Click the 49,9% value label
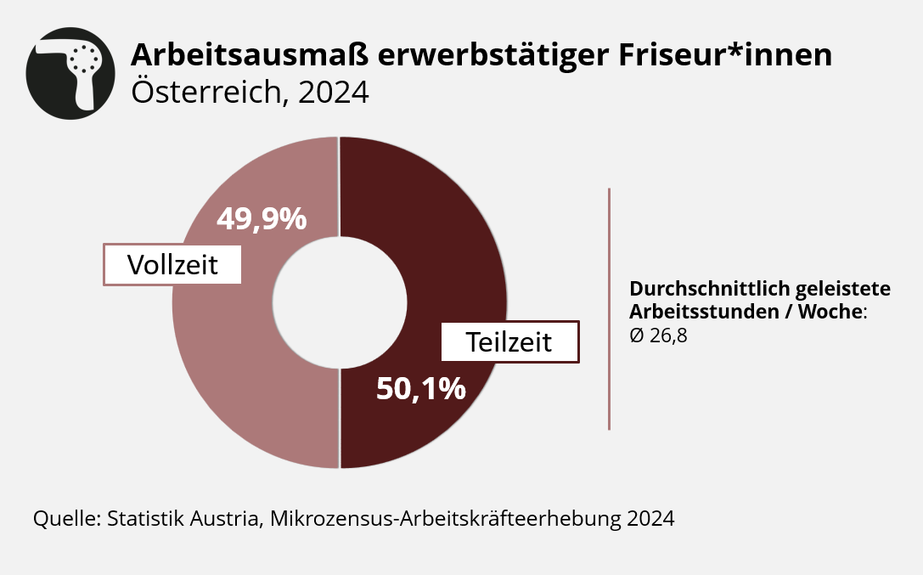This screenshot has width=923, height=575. [x=262, y=219]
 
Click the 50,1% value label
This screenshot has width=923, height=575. [x=421, y=389]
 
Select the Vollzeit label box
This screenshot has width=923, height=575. [x=172, y=265]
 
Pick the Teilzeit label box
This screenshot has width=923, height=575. [x=509, y=341]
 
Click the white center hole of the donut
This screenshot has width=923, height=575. [x=339, y=303]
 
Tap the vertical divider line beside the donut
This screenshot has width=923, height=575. [x=609, y=308]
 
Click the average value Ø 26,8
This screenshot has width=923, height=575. [x=658, y=335]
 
